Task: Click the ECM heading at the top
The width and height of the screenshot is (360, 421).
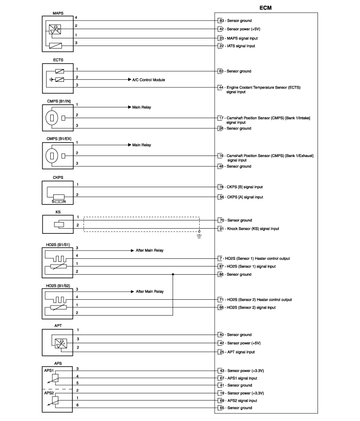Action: point(265,8)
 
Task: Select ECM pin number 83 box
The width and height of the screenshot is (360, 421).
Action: point(221,20)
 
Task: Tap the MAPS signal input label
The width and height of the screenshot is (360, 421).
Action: point(242,38)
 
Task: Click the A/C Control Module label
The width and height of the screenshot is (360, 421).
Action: point(149,80)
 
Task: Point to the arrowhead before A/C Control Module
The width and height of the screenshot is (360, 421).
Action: point(130,79)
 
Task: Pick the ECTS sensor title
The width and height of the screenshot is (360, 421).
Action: point(58,60)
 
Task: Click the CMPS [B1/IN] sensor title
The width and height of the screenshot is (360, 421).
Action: point(58,101)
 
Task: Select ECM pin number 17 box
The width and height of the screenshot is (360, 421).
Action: point(221,118)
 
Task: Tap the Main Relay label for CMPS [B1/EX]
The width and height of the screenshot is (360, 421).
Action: point(141,145)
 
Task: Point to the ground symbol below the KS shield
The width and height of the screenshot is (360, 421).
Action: point(199,236)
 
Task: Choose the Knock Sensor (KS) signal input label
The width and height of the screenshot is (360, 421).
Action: point(253,229)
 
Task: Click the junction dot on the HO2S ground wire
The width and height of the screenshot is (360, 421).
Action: point(173,274)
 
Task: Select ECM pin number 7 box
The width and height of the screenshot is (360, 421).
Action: point(221,258)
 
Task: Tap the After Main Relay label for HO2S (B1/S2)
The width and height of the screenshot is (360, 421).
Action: point(150,291)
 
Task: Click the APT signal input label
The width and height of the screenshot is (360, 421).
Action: point(241,352)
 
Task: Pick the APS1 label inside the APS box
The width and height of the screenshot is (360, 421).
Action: point(49,370)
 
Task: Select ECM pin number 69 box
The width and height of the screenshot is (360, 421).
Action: point(222,401)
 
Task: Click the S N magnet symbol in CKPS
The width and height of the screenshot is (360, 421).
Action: point(58,202)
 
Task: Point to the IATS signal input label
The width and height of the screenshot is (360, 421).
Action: point(241,46)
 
